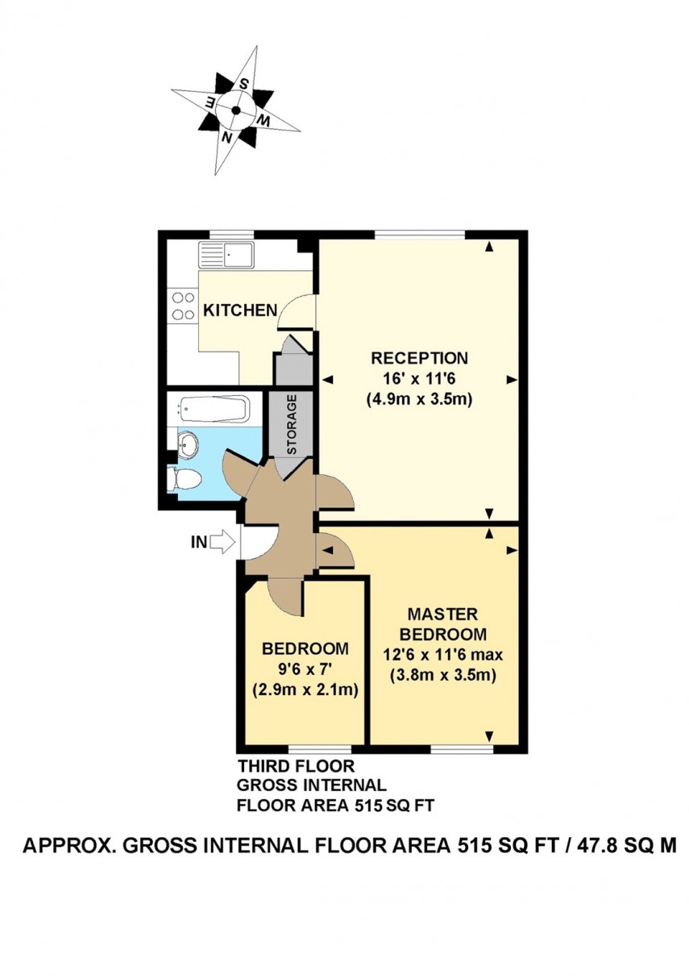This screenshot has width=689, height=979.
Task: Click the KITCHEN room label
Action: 240,310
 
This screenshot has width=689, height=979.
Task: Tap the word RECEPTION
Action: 418,357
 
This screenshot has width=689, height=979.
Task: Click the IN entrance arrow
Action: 220,543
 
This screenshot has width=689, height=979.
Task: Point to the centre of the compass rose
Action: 236,110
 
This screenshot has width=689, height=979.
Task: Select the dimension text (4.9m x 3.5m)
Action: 418,398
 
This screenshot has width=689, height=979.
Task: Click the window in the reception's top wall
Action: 419,235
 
